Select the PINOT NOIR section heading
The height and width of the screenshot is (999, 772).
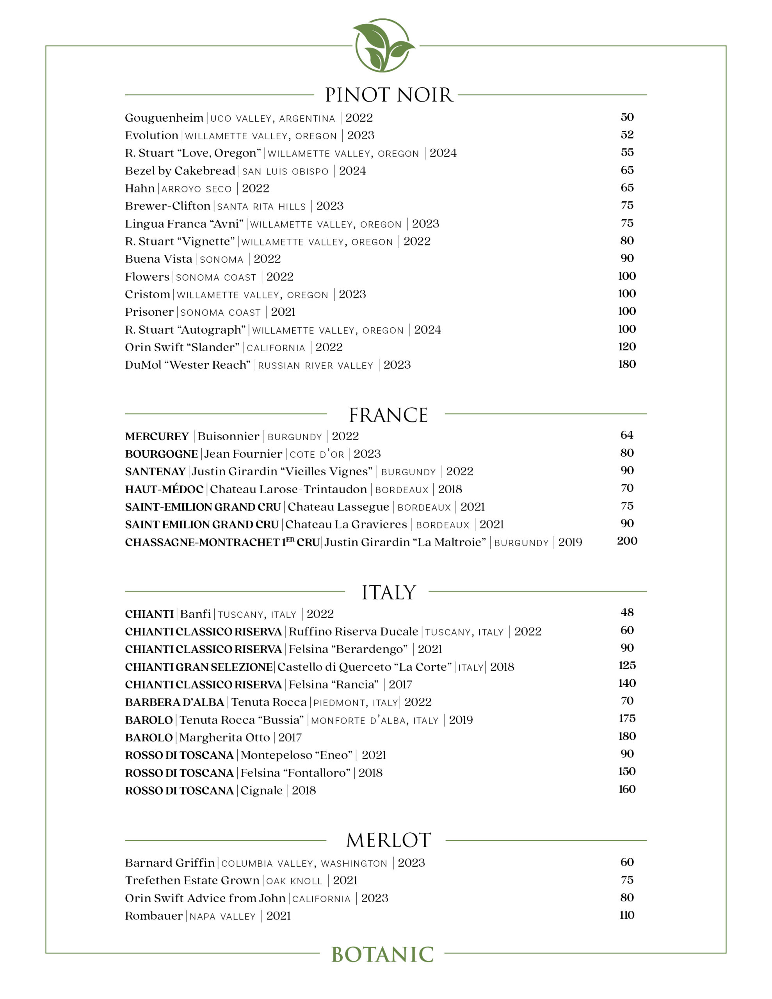pyautogui.click(x=388, y=95)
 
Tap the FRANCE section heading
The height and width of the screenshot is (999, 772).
pyautogui.click(x=388, y=415)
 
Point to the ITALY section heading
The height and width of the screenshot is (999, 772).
pyautogui.click(x=388, y=592)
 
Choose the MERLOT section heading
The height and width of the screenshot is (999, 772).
pyautogui.click(x=388, y=840)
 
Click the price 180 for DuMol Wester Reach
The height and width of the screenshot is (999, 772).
pyautogui.click(x=626, y=364)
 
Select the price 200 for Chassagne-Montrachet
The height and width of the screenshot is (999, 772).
pyautogui.click(x=626, y=541)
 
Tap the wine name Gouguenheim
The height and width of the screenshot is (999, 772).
pyautogui.click(x=164, y=118)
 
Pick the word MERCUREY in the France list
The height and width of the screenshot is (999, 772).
pyautogui.click(x=157, y=436)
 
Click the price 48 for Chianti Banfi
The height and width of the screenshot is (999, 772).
pyautogui.click(x=627, y=613)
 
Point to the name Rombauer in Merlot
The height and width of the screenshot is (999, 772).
pyautogui.click(x=154, y=916)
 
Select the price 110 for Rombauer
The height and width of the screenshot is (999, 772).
pyautogui.click(x=626, y=915)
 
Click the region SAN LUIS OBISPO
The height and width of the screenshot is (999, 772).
pyautogui.click(x=285, y=172)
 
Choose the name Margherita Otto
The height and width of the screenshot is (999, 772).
pyautogui.click(x=224, y=738)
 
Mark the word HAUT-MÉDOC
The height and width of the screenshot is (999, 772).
pyautogui.click(x=164, y=489)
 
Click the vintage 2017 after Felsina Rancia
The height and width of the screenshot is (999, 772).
pyautogui.click(x=400, y=685)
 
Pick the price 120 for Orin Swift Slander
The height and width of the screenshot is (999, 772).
pyautogui.click(x=626, y=347)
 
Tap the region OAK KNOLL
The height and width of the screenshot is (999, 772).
pyautogui.click(x=294, y=881)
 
